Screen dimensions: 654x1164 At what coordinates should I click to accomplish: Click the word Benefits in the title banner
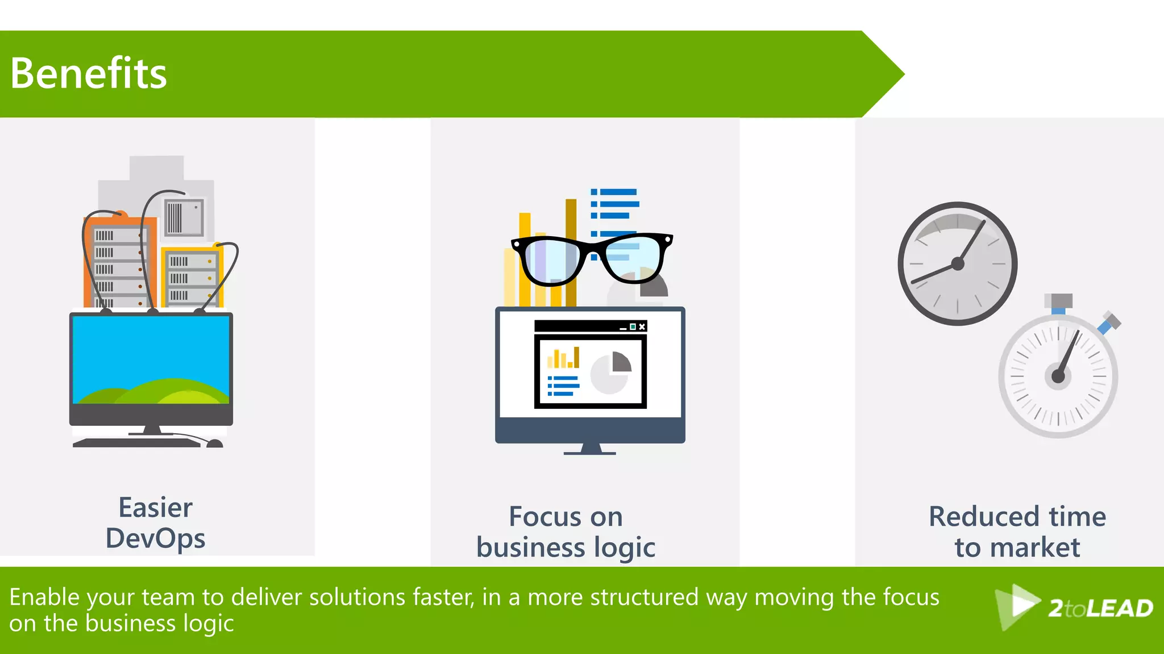[89, 74]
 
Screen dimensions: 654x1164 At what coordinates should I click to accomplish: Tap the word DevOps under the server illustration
[155, 538]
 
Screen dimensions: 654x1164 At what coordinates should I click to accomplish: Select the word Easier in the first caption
[155, 508]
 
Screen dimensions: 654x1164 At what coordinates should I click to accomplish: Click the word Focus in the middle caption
[544, 517]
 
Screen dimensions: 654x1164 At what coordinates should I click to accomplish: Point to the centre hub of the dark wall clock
[958, 263]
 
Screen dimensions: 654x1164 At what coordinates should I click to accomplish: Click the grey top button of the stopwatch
[1058, 301]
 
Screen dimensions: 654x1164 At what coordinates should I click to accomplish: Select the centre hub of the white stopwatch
[1058, 376]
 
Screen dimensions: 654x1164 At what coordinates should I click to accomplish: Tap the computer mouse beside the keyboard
[214, 443]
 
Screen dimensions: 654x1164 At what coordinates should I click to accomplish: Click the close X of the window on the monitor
[642, 326]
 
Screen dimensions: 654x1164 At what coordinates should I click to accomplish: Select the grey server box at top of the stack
[184, 217]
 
